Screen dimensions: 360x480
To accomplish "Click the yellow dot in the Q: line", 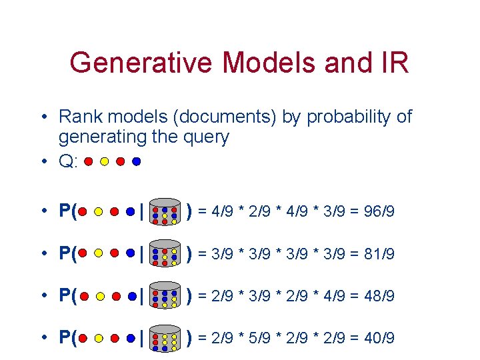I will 105,161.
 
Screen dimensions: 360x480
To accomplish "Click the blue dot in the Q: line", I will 137,161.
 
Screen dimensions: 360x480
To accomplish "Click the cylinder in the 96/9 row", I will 164,212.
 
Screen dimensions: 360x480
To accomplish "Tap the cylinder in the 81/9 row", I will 164,254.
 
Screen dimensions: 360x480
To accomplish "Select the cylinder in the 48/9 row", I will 164,296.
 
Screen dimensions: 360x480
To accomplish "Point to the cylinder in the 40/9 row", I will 164,338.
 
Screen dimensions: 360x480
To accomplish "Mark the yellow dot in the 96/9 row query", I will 98,212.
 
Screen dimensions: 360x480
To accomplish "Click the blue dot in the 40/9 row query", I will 131,338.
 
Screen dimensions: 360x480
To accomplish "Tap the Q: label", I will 69,161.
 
